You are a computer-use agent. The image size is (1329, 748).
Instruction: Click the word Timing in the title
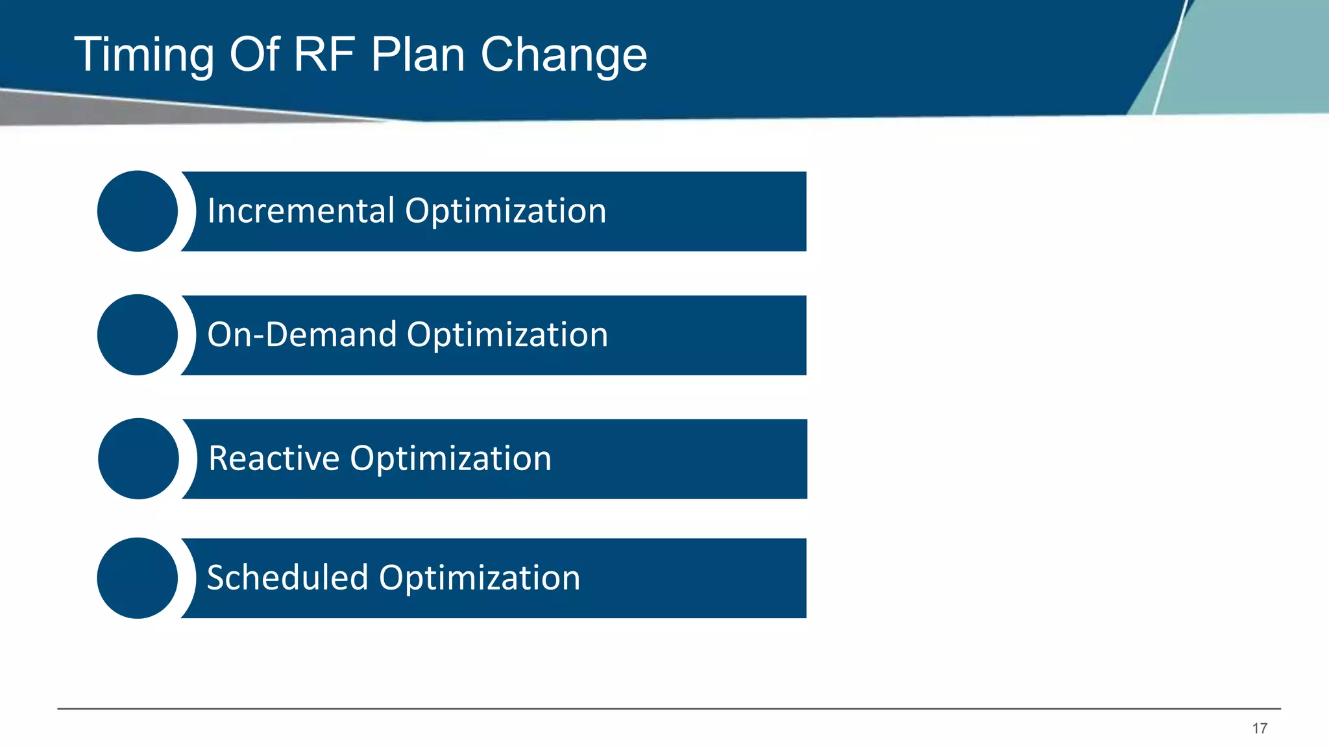point(144,55)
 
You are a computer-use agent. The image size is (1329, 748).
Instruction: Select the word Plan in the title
point(418,54)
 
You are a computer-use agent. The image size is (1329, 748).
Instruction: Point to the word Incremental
point(301,211)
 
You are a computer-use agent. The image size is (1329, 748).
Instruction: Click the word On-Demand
point(302,335)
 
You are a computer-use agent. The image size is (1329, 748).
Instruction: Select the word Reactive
point(274,458)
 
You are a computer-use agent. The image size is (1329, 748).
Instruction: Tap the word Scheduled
point(287,578)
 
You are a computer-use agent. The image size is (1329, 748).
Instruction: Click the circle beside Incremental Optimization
point(138,211)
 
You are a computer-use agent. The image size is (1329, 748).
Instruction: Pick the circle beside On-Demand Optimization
point(138,335)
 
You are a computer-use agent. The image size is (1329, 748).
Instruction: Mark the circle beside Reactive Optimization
point(138,458)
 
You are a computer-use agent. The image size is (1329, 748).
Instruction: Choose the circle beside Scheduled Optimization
point(138,578)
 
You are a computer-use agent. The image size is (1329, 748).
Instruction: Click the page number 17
point(1260,729)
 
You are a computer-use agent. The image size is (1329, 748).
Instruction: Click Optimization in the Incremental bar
point(506,211)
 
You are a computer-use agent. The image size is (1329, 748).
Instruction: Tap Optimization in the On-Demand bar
point(507,335)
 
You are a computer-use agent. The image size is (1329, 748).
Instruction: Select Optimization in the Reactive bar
point(451,458)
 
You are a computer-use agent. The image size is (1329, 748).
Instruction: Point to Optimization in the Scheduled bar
point(480,578)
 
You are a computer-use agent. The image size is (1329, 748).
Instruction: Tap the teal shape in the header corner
point(1246,58)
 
